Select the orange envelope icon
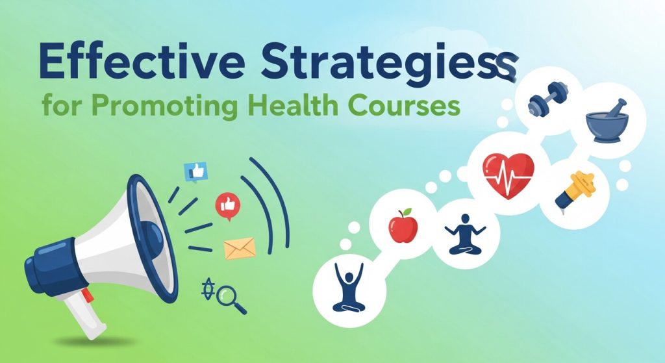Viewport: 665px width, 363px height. click(239, 247)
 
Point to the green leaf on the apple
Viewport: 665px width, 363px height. click(407, 212)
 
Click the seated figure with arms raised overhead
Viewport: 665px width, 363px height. click(349, 285)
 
